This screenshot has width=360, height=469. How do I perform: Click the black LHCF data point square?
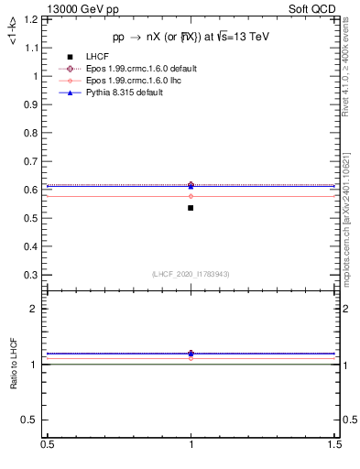tap(191, 208)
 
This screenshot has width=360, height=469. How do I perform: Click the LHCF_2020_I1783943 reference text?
tap(191, 274)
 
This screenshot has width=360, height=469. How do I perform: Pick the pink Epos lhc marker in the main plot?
tap(191, 196)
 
